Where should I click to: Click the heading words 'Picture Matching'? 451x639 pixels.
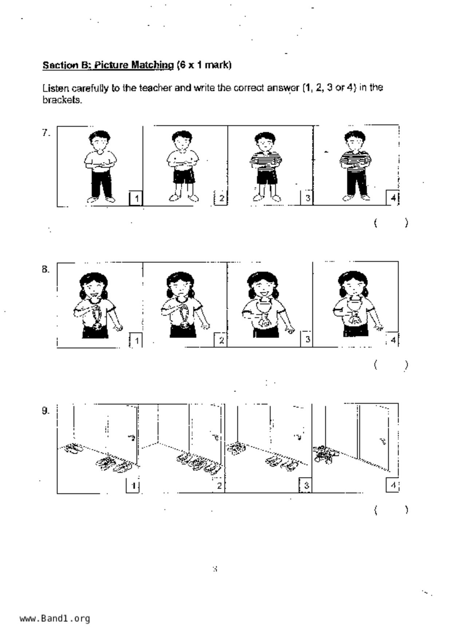pyautogui.click(x=134, y=65)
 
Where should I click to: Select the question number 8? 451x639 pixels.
pyautogui.click(x=46, y=270)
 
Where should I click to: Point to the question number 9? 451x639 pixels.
pyautogui.click(x=46, y=411)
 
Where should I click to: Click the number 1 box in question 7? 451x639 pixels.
pyautogui.click(x=136, y=198)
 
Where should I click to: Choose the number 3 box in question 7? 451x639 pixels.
pyautogui.click(x=307, y=198)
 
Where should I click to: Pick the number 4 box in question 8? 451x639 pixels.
pyautogui.click(x=392, y=340)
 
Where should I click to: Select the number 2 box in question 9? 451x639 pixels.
pyautogui.click(x=219, y=486)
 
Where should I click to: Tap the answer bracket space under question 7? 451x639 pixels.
pyautogui.click(x=391, y=223)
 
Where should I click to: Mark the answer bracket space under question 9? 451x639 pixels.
pyautogui.click(x=391, y=510)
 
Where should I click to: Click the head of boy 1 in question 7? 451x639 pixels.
pyautogui.click(x=99, y=140)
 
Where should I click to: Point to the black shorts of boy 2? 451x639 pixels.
pyautogui.click(x=183, y=176)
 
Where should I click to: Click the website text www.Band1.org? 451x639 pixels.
pyautogui.click(x=55, y=619)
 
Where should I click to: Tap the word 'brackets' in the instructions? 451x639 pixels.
pyautogui.click(x=62, y=100)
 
